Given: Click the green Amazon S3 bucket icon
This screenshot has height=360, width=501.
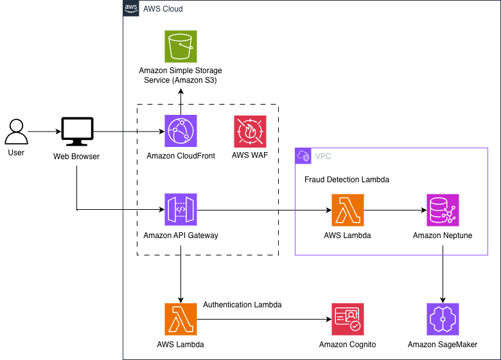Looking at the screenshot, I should [x=180, y=46].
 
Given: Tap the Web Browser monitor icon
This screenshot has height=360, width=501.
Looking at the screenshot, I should [x=76, y=132].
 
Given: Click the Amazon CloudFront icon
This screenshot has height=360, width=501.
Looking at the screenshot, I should [x=180, y=132].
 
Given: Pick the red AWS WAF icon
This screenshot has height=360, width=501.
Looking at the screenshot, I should [x=250, y=132].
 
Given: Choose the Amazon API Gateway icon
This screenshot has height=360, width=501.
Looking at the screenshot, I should [x=180, y=210].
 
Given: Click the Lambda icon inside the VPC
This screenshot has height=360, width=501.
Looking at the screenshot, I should [x=347, y=210].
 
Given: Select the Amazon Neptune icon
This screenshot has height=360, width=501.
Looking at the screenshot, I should [x=443, y=210].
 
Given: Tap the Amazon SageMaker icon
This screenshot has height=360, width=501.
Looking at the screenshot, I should [x=443, y=320].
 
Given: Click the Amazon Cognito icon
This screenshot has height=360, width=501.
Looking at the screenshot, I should [x=347, y=320].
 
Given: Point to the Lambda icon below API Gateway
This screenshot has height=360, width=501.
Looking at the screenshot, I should [x=180, y=320].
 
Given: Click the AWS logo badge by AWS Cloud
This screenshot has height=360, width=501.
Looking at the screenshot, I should [x=130, y=8].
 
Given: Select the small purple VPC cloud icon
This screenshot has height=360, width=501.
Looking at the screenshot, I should [x=303, y=156].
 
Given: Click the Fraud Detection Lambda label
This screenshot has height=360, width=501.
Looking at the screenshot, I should [x=346, y=180].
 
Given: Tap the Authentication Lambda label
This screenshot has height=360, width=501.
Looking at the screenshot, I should [x=242, y=305].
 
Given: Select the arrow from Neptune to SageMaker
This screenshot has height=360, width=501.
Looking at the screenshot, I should [x=443, y=276].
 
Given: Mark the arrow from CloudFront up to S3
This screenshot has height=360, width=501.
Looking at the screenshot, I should [x=180, y=103].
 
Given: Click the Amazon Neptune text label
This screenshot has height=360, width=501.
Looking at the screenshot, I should [x=443, y=236].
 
